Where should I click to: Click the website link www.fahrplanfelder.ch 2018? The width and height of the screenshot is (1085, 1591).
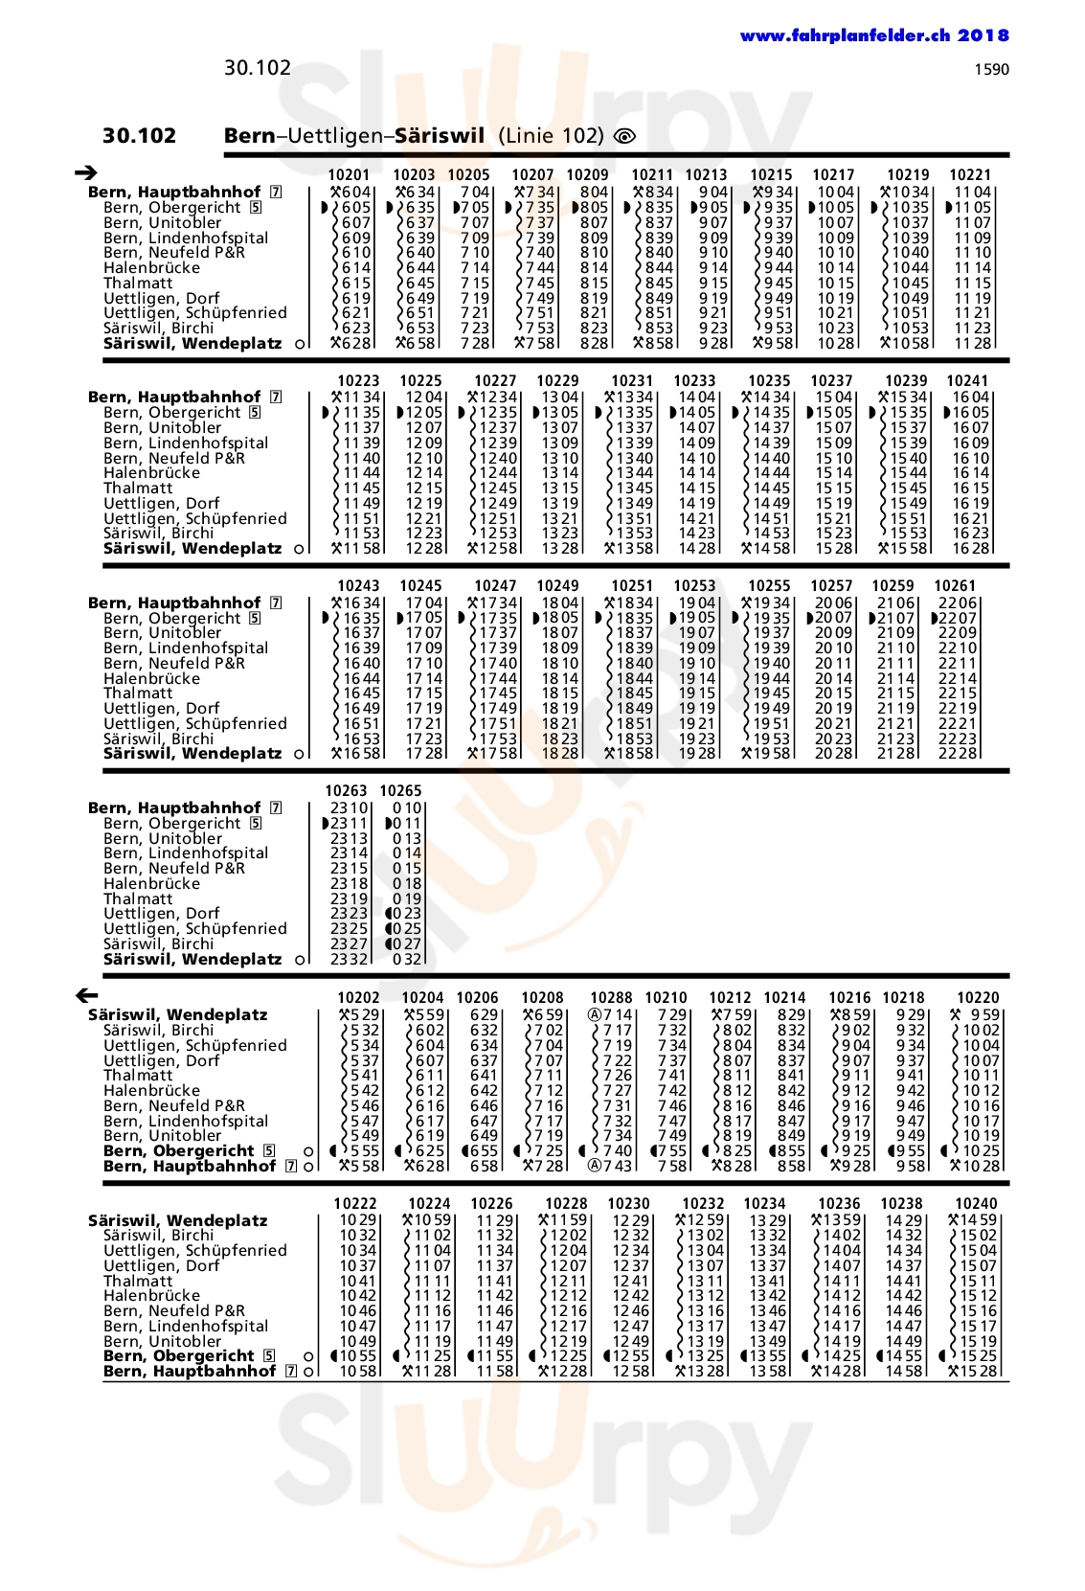pyautogui.click(x=873, y=35)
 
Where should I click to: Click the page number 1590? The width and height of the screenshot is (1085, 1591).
pyautogui.click(x=991, y=69)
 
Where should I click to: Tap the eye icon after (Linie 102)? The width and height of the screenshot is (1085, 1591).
pyautogui.click(x=624, y=136)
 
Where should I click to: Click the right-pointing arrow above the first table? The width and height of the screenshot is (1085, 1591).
pyautogui.click(x=85, y=172)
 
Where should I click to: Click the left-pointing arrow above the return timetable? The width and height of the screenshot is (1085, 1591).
pyautogui.click(x=85, y=995)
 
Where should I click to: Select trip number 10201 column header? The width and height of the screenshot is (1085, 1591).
pyautogui.click(x=349, y=174)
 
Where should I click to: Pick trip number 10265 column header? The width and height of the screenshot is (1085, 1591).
pyautogui.click(x=400, y=790)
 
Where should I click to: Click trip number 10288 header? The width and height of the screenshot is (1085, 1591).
pyautogui.click(x=611, y=997)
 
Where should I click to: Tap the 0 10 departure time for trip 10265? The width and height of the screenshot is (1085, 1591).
pyautogui.click(x=406, y=807)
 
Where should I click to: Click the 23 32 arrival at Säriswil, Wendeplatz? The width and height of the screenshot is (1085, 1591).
pyautogui.click(x=349, y=959)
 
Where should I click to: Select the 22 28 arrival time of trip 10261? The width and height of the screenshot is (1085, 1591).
pyautogui.click(x=957, y=753)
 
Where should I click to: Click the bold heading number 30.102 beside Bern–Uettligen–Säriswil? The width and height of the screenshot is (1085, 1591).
pyautogui.click(x=139, y=135)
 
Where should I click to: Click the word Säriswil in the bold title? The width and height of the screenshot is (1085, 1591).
pyautogui.click(x=440, y=135)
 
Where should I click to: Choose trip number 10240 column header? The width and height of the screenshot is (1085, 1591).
pyautogui.click(x=976, y=1203)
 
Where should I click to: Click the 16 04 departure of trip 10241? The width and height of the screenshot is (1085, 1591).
pyautogui.click(x=970, y=397)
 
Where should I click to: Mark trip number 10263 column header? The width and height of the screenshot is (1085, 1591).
pyautogui.click(x=346, y=790)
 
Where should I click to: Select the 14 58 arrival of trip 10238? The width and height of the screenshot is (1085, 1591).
pyautogui.click(x=903, y=1371)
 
